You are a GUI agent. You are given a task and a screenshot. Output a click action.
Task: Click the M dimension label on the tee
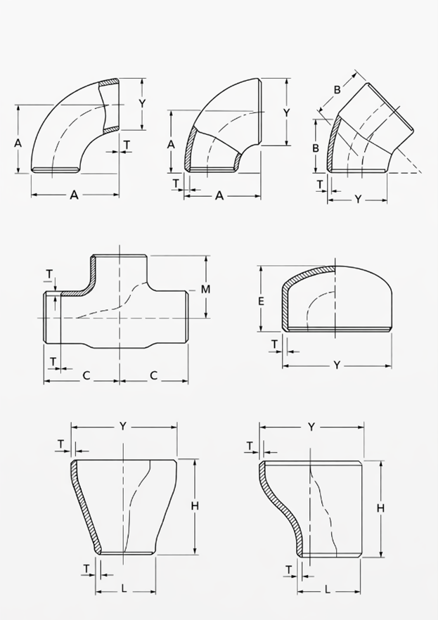(205, 289)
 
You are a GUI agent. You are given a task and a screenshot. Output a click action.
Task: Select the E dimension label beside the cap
(261, 302)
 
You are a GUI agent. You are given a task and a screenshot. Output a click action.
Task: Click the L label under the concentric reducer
(124, 588)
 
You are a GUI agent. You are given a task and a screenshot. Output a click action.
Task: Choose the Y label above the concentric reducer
(122, 426)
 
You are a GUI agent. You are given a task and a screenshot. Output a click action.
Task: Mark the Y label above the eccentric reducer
(311, 427)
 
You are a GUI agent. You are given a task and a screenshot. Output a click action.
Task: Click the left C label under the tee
(86, 375)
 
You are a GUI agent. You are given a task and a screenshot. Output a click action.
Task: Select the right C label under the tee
(153, 375)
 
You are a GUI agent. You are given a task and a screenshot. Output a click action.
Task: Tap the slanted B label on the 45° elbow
(337, 89)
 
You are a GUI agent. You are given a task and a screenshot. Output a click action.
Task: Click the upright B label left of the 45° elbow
(316, 148)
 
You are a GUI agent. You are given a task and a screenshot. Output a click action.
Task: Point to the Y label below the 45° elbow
(358, 200)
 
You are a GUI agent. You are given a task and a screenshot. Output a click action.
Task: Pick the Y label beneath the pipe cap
(337, 365)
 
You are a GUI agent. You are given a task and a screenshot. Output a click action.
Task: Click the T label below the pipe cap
(275, 344)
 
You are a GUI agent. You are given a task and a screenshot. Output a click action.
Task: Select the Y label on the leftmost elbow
(142, 103)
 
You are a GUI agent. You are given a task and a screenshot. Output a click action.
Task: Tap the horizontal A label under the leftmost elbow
(74, 195)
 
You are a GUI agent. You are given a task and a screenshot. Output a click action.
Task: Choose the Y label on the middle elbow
(286, 112)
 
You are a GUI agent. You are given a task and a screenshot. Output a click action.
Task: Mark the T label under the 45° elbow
(320, 184)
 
